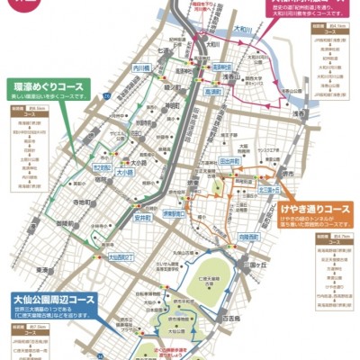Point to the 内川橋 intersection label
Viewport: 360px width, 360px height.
(141, 67)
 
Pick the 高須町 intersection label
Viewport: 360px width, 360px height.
(213, 92)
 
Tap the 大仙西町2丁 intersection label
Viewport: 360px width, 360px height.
(121, 256)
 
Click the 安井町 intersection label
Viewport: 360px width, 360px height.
(142, 218)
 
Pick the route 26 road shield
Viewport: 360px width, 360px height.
(105, 95)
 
